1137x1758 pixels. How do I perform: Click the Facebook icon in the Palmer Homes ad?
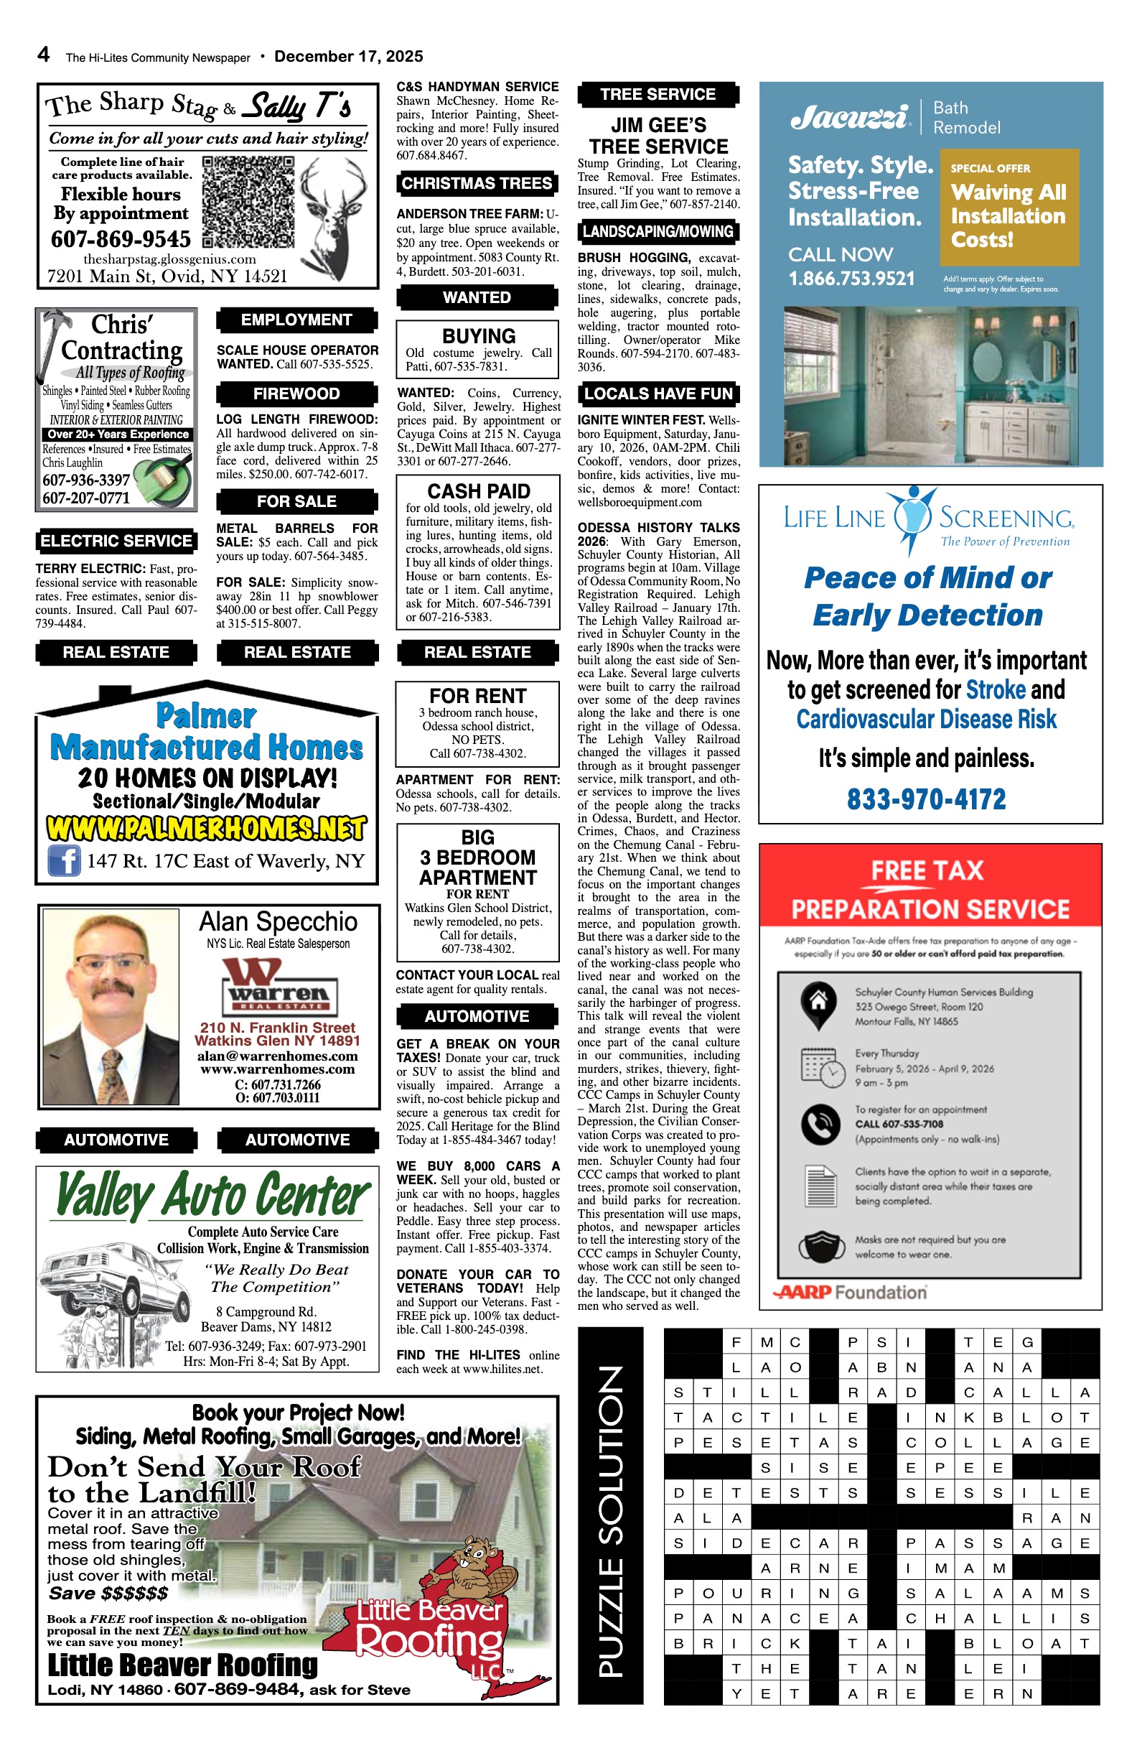point(64,860)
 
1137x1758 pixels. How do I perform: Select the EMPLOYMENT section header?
point(296,320)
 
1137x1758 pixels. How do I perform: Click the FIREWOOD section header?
point(296,394)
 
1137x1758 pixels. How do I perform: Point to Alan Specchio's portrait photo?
point(111,1006)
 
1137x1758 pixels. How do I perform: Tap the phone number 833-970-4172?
point(926,799)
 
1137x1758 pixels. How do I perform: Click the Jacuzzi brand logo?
point(849,117)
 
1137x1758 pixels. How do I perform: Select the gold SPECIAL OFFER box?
point(1009,207)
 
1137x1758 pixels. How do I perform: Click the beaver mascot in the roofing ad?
point(469,1570)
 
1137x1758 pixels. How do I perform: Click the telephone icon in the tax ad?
point(819,1123)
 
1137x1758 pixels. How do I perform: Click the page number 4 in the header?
point(44,55)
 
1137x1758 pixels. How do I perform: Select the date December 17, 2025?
point(348,56)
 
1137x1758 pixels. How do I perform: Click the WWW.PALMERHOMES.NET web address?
point(206,828)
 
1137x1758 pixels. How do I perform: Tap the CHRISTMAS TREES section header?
point(477,183)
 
